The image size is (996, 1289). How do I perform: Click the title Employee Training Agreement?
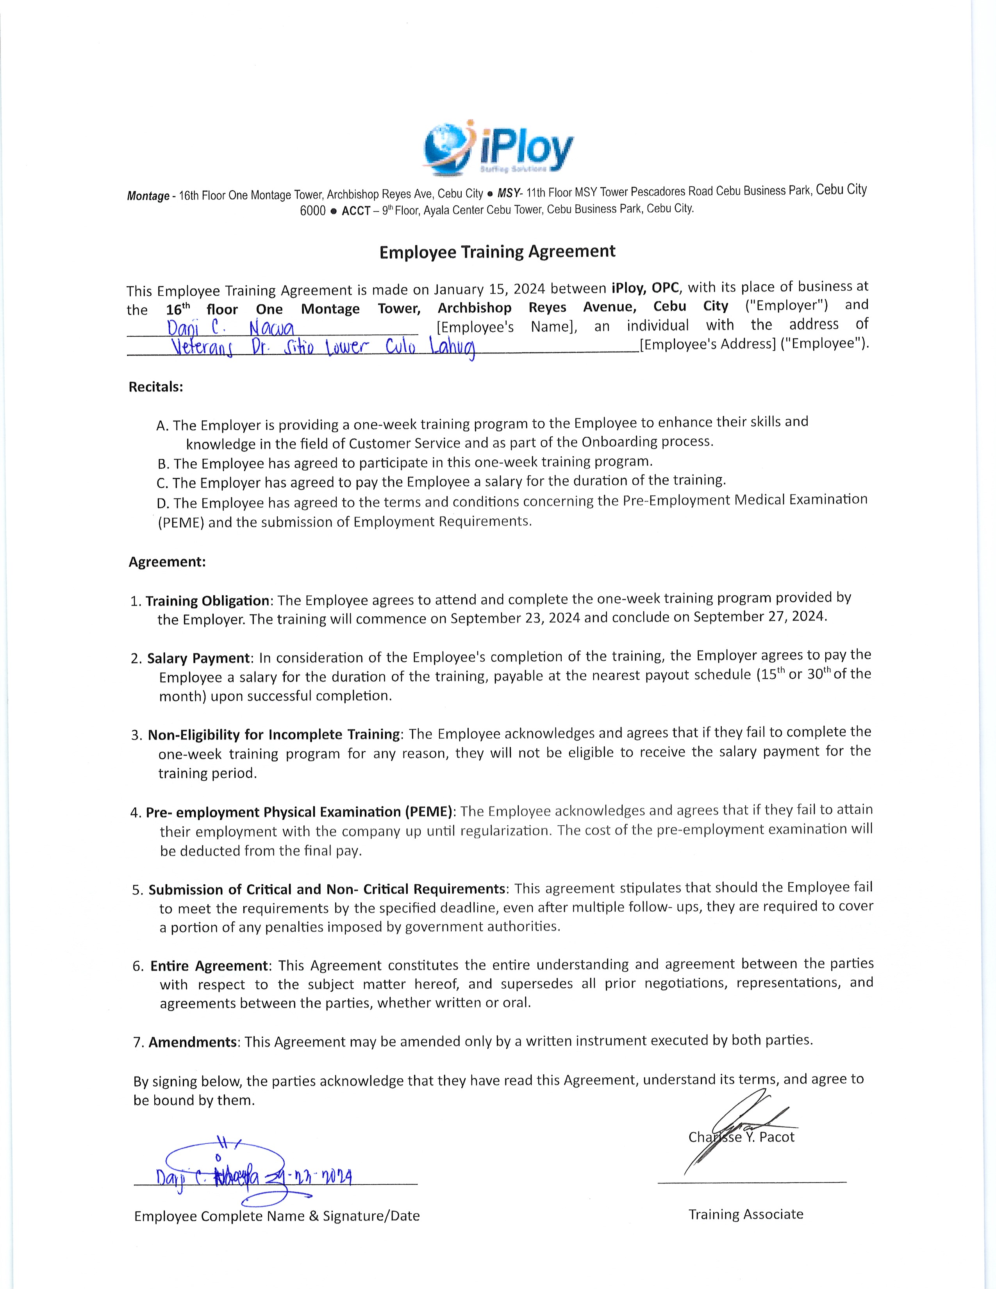click(x=497, y=252)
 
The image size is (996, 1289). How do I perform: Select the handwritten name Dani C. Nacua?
click(x=231, y=328)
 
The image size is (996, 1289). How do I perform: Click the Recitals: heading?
click(x=156, y=387)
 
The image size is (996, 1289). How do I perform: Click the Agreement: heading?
click(x=167, y=562)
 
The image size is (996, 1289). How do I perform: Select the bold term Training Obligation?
click(x=207, y=601)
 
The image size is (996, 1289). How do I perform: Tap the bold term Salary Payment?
click(x=199, y=658)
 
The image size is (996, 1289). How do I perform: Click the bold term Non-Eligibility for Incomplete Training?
click(x=274, y=735)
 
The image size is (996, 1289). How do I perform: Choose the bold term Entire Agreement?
click(x=209, y=966)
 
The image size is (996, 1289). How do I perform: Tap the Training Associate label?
click(x=745, y=1214)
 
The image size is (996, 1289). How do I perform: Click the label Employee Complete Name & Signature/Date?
click(x=277, y=1216)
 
